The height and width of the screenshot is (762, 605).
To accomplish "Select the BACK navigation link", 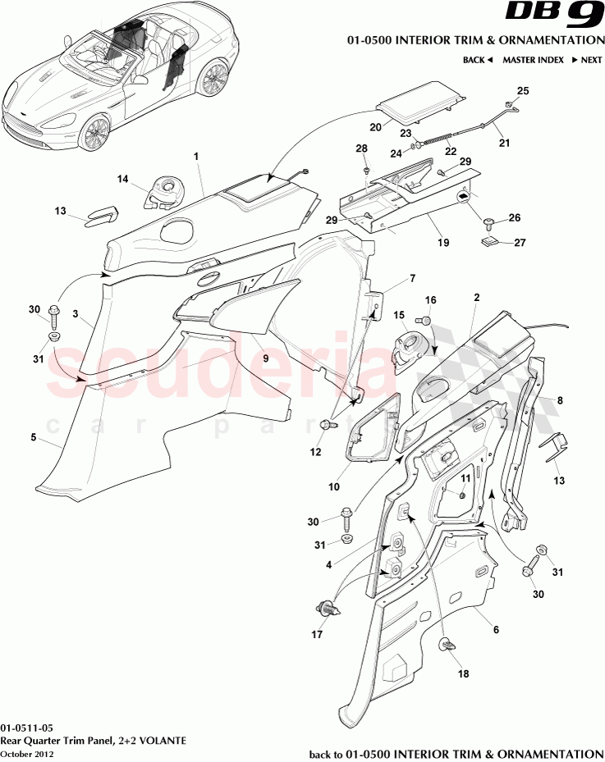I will pos(477,60).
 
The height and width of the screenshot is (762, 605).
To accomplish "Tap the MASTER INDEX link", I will pos(534,60).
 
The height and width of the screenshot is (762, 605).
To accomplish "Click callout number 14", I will pos(122,179).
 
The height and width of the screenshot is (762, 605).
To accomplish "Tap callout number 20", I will pos(375,127).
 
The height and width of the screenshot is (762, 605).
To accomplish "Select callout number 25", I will pos(522,90).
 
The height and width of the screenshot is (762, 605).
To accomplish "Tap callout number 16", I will pos(430,299).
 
